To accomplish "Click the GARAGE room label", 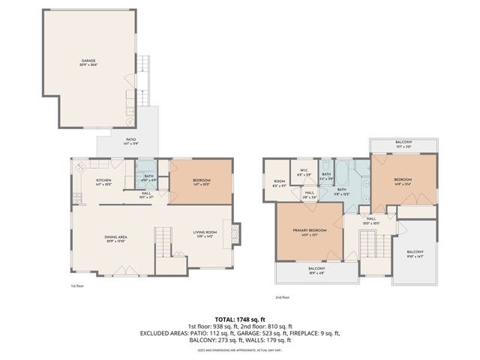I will click(x=89, y=62).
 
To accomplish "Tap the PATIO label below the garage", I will click(x=130, y=140).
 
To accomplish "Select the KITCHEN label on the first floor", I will click(x=103, y=181).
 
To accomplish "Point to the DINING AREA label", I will click(x=115, y=238).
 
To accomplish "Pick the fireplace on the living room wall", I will click(x=236, y=235).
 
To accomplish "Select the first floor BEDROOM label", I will click(x=201, y=181).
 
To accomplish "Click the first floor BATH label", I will click(x=148, y=178).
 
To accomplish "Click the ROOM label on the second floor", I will click(x=279, y=182).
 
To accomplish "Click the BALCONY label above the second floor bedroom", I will click(x=403, y=142).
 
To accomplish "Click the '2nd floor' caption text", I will click(x=283, y=298).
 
